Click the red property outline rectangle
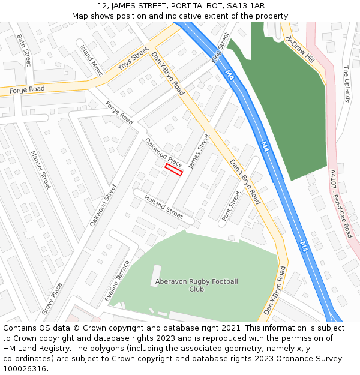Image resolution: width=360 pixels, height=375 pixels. (173, 170)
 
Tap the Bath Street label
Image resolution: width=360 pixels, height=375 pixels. (24, 50)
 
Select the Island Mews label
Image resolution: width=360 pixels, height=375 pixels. (92, 61)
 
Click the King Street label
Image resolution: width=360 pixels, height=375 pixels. (220, 48)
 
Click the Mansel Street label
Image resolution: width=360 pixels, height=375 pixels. (41, 169)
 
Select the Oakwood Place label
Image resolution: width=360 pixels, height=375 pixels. (163, 152)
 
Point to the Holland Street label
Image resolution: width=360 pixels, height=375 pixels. (163, 207)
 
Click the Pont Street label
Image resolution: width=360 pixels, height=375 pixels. (231, 206)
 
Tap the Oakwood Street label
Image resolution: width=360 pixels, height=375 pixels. (103, 205)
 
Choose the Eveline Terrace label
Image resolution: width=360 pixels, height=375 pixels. (117, 281)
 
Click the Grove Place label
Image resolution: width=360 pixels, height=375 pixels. (52, 299)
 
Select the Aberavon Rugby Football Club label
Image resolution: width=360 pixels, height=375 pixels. (196, 285)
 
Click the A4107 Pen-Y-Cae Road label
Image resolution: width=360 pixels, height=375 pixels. (341, 203)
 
